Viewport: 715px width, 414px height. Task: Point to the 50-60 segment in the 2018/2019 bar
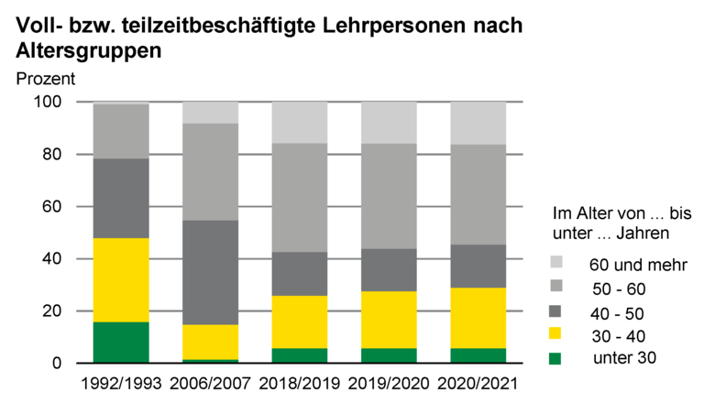[299, 197]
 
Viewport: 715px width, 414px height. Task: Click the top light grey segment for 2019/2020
[389, 122]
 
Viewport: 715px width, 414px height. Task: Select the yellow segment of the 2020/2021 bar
[478, 318]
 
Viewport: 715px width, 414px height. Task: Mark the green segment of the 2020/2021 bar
[478, 355]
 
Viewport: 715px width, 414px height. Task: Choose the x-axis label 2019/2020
[389, 382]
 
